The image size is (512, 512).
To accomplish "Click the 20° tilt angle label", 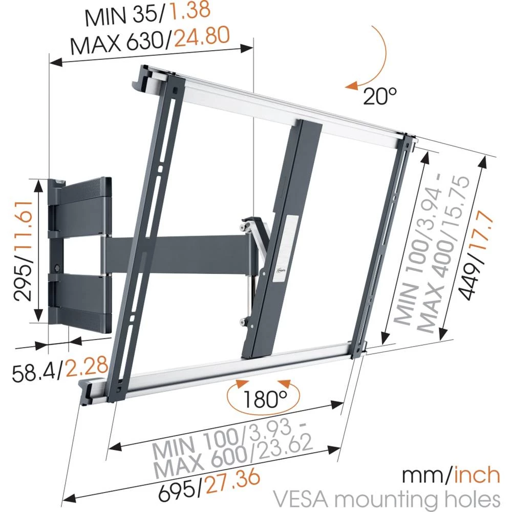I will pyautogui.click(x=380, y=95).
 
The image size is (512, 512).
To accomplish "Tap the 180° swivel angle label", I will pyautogui.click(x=265, y=398).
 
